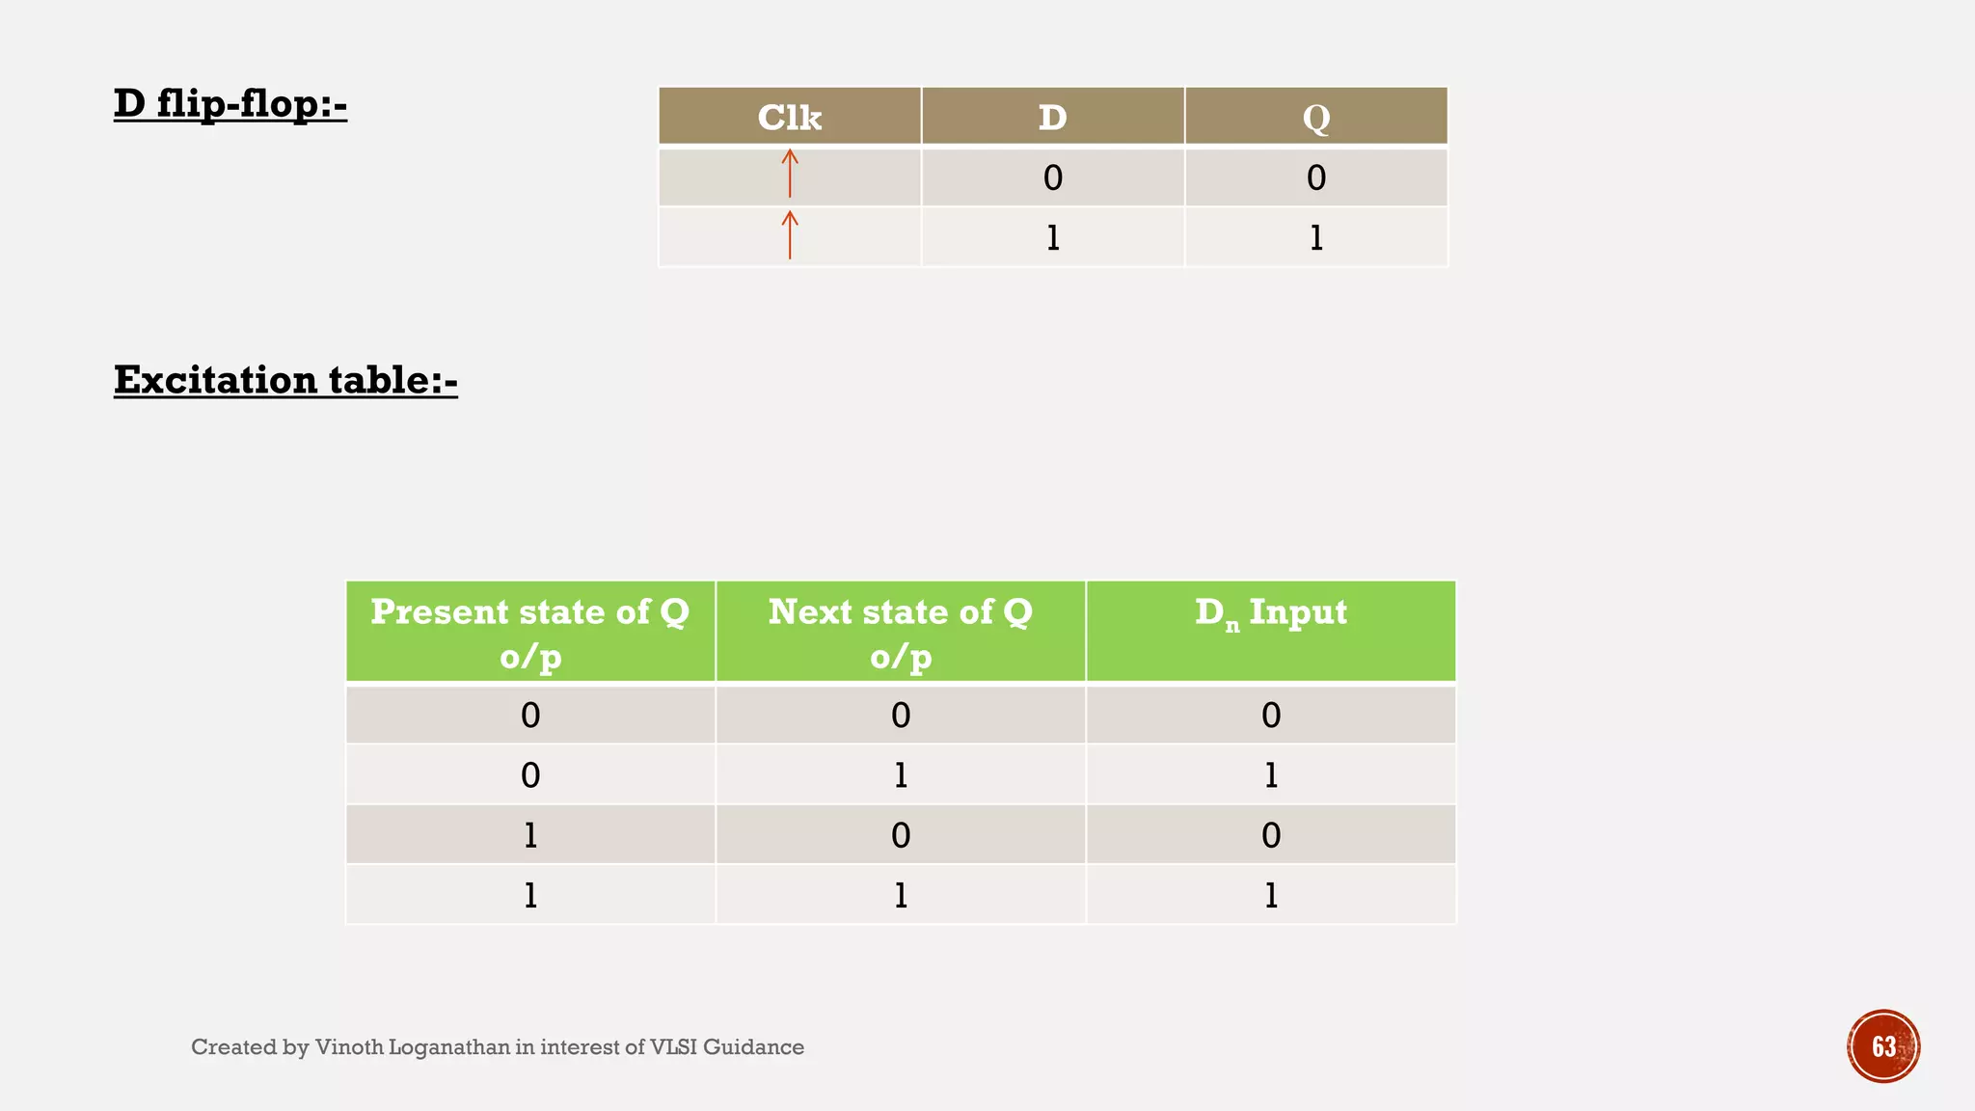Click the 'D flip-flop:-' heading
(230, 103)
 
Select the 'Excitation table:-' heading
(285, 380)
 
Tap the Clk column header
(789, 117)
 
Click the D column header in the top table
(1052, 117)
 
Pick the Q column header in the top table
(1315, 117)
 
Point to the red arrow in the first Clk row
(790, 174)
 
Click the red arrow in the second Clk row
(790, 234)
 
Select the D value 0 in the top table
(1052, 177)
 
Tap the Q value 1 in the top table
(1315, 237)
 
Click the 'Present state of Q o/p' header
(530, 633)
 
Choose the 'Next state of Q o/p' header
(900, 633)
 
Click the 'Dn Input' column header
(1270, 613)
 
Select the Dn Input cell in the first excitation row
(1270, 715)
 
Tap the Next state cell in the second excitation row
(900, 774)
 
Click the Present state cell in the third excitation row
(530, 835)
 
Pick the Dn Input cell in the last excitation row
(1270, 895)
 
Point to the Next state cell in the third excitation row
(900, 835)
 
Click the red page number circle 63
(1882, 1046)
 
